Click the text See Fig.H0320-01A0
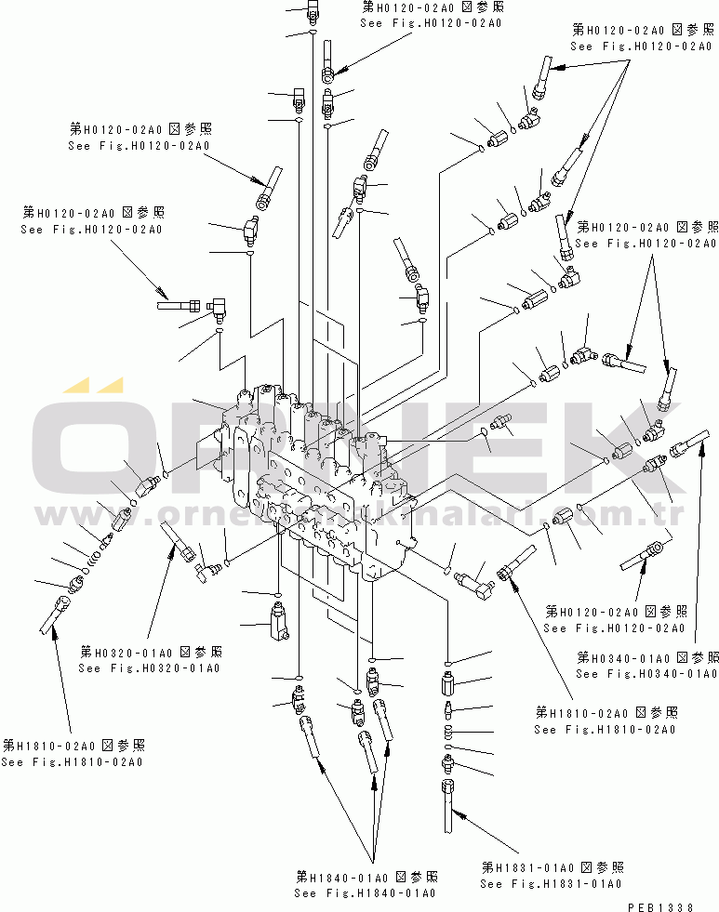coord(149,667)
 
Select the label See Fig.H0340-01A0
coord(646,673)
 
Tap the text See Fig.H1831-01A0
coord(551,883)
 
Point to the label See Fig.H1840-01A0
coord(365,892)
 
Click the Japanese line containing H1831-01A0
coord(552,866)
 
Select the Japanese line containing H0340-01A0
coord(646,656)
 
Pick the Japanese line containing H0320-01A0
coord(151,651)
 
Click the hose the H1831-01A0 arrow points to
coord(446,799)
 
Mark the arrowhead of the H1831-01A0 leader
coord(454,812)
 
